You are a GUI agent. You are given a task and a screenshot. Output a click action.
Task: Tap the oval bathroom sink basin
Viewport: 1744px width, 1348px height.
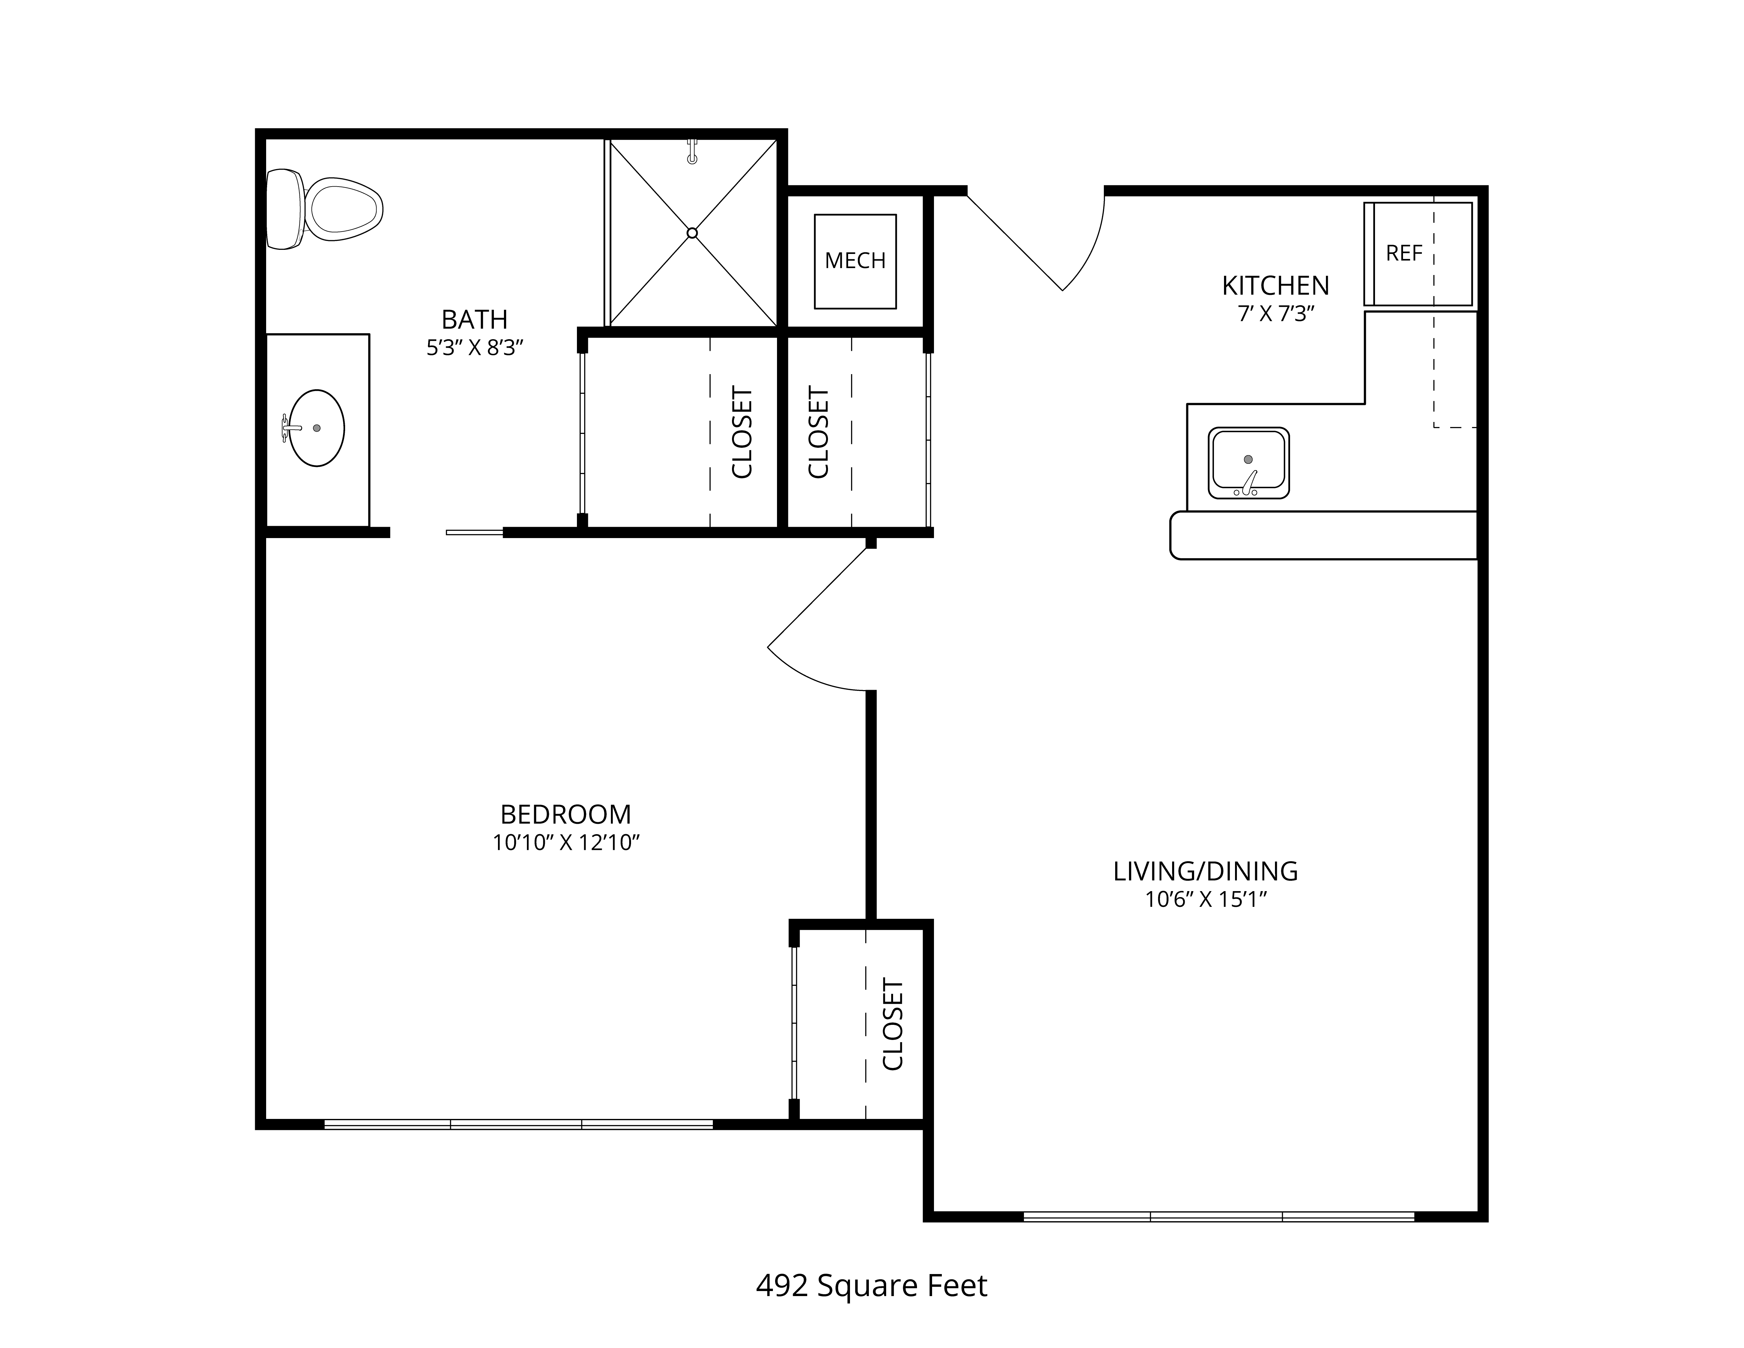click(316, 428)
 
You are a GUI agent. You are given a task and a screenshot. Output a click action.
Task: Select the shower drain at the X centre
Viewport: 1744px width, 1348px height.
click(692, 233)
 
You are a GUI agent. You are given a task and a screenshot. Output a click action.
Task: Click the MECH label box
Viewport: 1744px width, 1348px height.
click(855, 261)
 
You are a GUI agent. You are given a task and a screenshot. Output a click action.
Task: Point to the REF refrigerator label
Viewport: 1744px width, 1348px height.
click(1404, 253)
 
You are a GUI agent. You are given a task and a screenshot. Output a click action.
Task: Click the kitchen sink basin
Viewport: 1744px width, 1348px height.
click(1248, 463)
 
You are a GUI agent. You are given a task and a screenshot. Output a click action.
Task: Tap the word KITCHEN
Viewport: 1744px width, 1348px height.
click(1275, 285)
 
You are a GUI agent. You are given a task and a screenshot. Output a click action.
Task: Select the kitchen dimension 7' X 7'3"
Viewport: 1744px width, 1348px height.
click(1275, 314)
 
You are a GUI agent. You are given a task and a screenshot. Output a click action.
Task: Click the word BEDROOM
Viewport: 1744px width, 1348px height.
click(565, 815)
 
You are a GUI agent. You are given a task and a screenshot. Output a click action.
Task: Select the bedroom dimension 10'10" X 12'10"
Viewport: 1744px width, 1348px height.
click(566, 843)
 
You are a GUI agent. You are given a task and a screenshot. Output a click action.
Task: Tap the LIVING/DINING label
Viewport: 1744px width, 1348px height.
click(1205, 871)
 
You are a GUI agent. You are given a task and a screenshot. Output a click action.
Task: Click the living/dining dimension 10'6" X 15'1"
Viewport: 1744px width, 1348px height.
click(1206, 900)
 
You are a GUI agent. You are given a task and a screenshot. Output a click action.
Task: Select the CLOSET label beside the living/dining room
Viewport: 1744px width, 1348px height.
click(893, 1025)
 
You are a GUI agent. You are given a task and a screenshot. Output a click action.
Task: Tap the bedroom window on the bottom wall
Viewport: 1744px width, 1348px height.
click(518, 1124)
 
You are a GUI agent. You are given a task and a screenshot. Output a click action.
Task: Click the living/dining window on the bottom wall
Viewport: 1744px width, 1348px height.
click(1219, 1217)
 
